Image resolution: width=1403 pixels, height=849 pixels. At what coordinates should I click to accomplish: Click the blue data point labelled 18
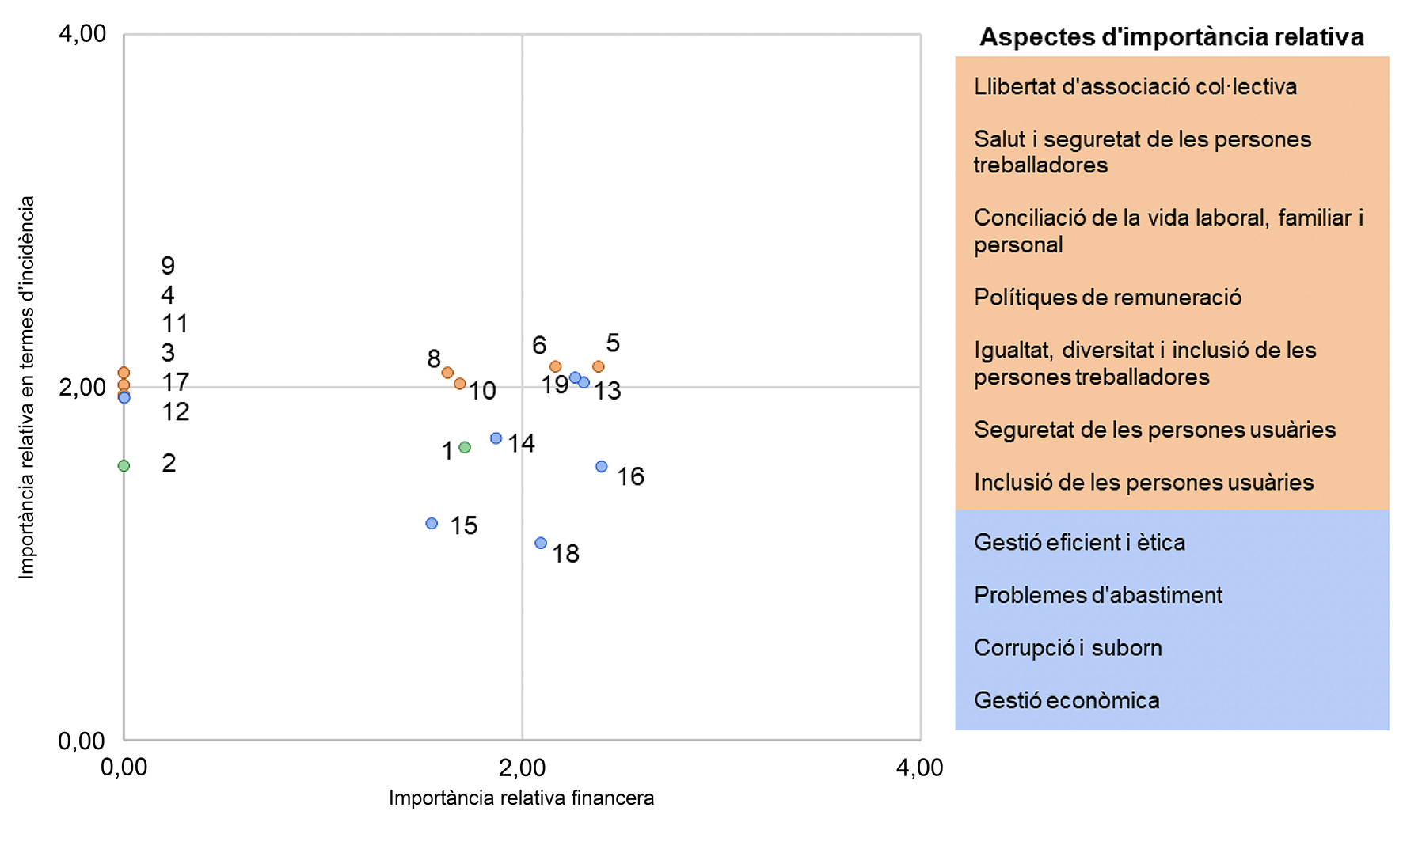[541, 543]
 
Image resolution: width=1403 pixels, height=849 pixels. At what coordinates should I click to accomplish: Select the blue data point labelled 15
[432, 523]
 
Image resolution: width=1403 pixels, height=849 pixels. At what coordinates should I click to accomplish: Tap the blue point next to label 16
[602, 467]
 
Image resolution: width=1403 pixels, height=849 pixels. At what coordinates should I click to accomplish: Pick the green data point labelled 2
[124, 466]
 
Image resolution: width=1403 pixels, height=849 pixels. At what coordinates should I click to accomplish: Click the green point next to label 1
[465, 447]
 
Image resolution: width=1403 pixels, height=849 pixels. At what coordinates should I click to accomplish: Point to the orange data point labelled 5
[599, 366]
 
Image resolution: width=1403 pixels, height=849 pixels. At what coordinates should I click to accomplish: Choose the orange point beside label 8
[447, 373]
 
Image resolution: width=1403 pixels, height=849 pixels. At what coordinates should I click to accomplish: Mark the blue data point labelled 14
[496, 438]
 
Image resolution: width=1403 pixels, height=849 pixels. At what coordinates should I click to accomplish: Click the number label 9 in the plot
[168, 265]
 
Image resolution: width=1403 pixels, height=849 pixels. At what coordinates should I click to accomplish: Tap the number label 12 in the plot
[176, 411]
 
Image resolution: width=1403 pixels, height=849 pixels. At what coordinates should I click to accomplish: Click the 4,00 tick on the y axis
[82, 34]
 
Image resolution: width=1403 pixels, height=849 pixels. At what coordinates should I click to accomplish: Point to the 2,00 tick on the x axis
[522, 768]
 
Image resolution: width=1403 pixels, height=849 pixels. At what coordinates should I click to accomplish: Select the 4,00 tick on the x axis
[919, 768]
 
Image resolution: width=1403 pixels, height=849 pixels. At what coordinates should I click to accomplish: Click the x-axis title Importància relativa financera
[521, 798]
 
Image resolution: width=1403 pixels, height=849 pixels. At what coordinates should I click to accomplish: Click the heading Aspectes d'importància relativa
[1171, 37]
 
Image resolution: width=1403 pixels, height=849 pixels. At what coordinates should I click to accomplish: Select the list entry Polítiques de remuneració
[1107, 298]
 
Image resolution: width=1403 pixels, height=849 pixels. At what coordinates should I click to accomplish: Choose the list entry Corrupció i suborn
[1067, 648]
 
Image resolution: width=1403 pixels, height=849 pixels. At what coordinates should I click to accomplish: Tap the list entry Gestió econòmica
[1066, 700]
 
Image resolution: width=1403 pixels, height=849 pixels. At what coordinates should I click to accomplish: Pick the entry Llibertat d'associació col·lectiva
[1135, 86]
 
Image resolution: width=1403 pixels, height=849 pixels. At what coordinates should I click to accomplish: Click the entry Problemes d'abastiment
[1097, 595]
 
